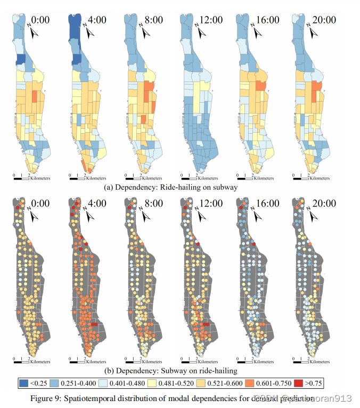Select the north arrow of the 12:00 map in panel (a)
[201, 32]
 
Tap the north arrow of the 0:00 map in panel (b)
[33, 216]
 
